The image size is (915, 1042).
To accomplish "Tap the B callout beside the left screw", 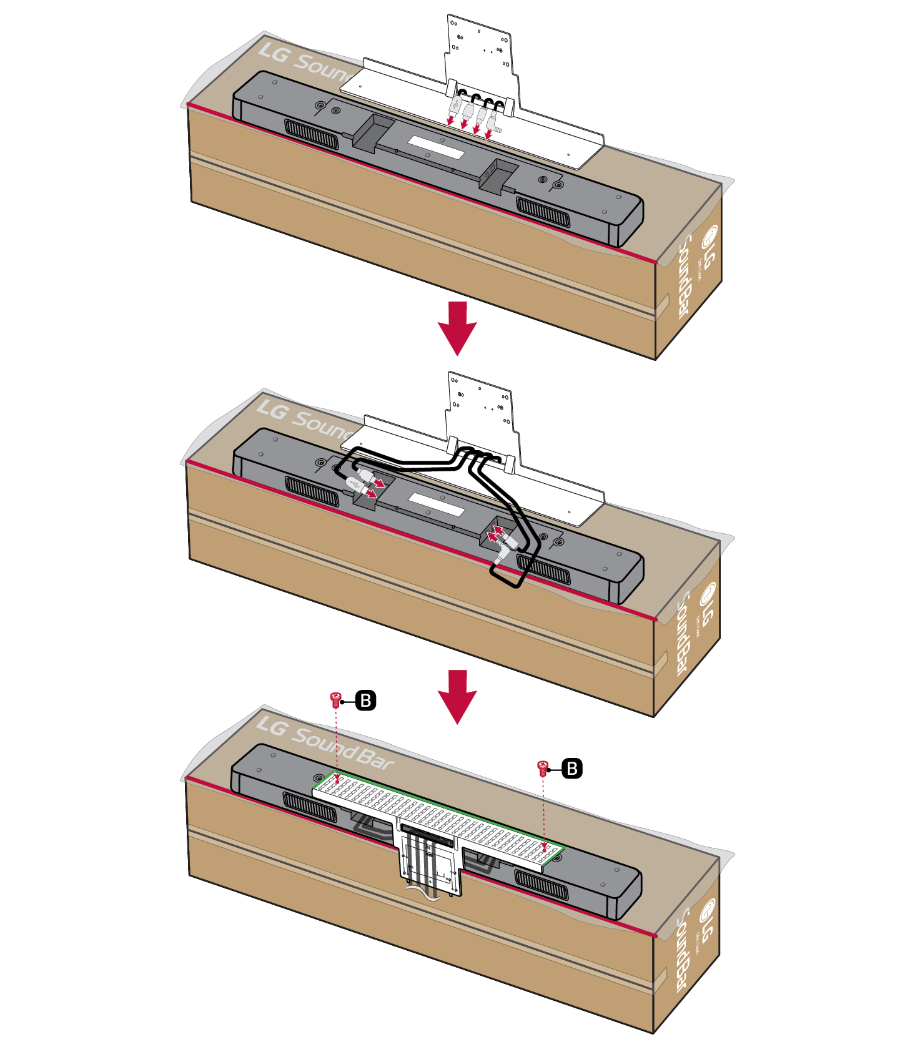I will [366, 700].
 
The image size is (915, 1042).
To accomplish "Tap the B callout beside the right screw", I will [571, 768].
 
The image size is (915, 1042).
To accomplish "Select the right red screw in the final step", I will [542, 767].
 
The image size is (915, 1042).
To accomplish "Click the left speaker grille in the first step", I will [312, 134].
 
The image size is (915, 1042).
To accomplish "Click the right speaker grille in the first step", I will [543, 212].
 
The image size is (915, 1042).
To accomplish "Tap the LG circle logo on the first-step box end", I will [710, 237].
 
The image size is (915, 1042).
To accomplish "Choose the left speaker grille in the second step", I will [312, 491].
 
